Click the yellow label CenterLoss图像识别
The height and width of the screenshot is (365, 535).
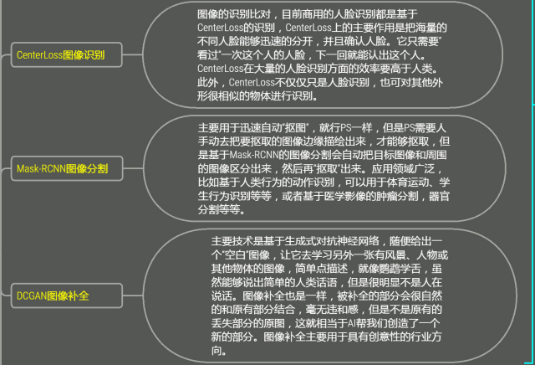point(59,56)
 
